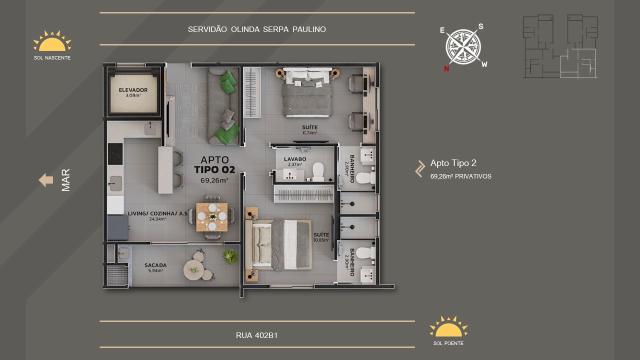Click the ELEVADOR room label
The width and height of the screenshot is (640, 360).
click(133, 90)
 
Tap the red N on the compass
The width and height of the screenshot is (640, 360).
click(446, 68)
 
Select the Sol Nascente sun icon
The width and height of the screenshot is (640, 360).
click(52, 41)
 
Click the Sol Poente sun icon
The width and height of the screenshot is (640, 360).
click(448, 326)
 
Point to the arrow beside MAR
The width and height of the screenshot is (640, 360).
click(45, 180)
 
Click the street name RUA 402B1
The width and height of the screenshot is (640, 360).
click(256, 335)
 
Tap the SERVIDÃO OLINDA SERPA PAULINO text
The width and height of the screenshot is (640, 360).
click(257, 29)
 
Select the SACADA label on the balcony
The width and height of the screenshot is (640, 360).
click(155, 265)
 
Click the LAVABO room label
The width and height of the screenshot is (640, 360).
click(295, 159)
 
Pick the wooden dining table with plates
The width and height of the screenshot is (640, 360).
click(212, 217)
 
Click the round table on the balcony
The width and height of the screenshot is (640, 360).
click(193, 270)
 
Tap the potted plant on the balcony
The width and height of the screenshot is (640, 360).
click(229, 256)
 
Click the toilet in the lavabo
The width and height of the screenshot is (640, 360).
click(318, 172)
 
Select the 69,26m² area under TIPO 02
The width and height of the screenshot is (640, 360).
click(214, 180)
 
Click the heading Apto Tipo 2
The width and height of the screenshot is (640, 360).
click(453, 163)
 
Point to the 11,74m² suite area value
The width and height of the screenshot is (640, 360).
click(309, 133)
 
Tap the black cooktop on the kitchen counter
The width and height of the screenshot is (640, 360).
click(115, 153)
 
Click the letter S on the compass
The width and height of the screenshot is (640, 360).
click(481, 26)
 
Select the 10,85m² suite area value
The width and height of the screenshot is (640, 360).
click(321, 240)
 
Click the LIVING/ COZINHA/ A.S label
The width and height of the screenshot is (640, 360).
click(157, 213)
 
